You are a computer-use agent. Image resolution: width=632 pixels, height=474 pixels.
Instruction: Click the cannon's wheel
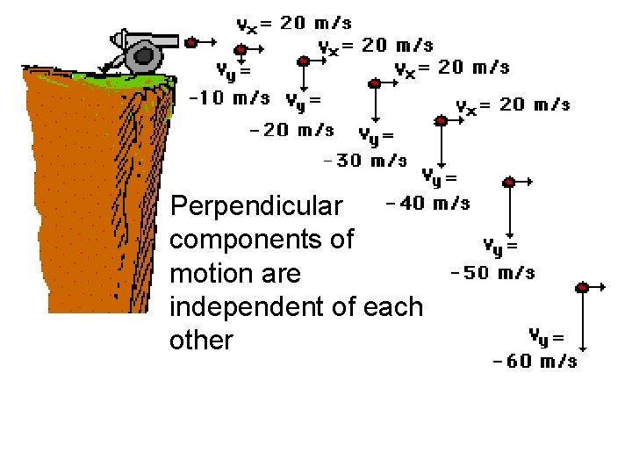click(141, 58)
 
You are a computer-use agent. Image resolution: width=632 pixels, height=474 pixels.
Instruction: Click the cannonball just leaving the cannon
click(190, 41)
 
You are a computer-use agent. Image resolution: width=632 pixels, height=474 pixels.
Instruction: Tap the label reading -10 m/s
click(230, 97)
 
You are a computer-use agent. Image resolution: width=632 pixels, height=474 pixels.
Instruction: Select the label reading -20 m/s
click(292, 130)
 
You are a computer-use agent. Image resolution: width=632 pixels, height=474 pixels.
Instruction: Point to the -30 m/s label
click(365, 160)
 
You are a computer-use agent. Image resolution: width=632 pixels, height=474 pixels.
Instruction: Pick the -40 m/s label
click(427, 204)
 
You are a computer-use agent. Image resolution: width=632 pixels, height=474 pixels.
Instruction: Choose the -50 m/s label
click(492, 272)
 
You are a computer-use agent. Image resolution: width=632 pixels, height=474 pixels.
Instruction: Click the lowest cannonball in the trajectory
click(583, 287)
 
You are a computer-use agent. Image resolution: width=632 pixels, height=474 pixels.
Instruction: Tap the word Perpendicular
click(256, 205)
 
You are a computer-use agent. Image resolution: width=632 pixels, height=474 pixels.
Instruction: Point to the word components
click(261, 239)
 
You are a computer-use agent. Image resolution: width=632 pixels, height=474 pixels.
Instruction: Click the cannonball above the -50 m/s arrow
click(509, 182)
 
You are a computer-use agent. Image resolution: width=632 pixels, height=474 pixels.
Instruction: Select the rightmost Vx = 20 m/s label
click(513, 105)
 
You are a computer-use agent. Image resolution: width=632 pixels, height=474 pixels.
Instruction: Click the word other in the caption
click(201, 341)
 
